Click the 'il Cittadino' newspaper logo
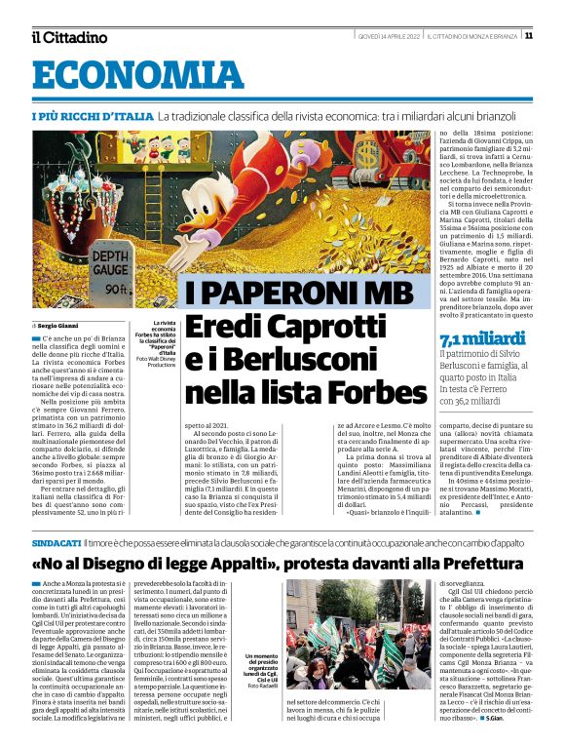point(68,37)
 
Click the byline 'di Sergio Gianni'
point(59,325)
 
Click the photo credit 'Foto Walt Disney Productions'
point(155,361)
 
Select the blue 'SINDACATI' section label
point(56,541)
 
